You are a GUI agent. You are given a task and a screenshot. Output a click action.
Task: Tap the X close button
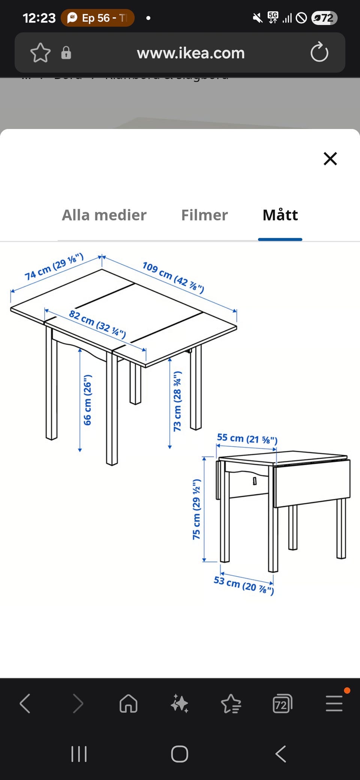tap(330, 159)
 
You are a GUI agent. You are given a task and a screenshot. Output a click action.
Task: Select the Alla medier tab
tap(104, 215)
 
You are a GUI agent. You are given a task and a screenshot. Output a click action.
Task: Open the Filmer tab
tap(204, 215)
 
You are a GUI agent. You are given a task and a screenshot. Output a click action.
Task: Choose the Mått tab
tap(280, 215)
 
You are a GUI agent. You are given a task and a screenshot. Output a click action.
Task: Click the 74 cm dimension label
tap(54, 267)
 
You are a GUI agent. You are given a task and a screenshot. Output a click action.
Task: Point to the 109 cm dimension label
tap(173, 277)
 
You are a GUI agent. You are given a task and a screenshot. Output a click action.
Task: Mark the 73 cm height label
tap(177, 401)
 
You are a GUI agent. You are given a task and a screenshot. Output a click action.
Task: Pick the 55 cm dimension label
tap(247, 438)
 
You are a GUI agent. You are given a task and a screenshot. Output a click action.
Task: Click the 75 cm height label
tap(196, 509)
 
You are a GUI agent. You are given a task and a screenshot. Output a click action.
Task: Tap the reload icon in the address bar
tap(319, 52)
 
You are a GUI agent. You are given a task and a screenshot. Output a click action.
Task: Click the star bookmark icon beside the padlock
tap(40, 52)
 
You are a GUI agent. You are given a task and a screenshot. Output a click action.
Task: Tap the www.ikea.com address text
tap(190, 53)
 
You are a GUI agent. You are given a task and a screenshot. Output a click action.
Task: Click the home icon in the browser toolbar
tap(128, 703)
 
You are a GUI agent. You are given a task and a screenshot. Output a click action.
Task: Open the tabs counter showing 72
tap(282, 703)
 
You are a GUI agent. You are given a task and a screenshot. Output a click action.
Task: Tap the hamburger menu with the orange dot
tap(334, 703)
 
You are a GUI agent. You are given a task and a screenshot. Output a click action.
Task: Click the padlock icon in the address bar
tap(66, 53)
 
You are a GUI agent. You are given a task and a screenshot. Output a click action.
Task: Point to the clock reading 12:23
tap(39, 18)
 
